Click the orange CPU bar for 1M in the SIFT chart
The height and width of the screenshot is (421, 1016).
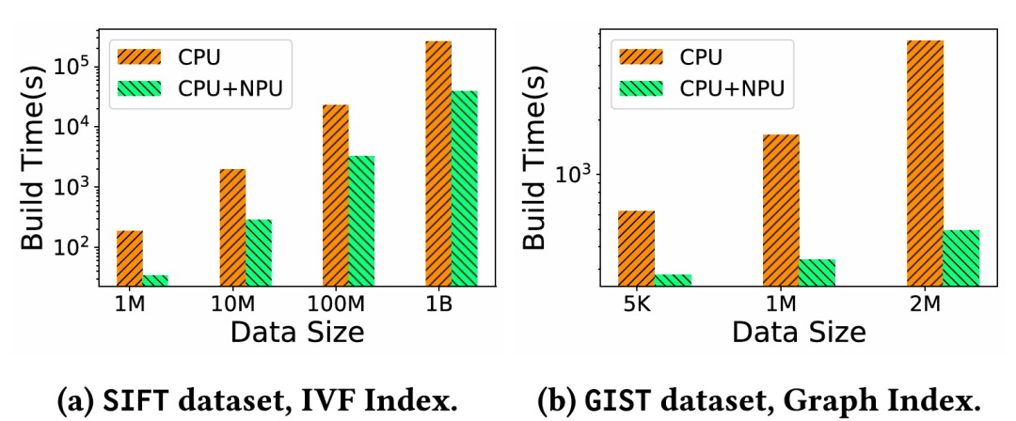pos(130,257)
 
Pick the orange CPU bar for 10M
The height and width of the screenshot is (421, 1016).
pos(232,226)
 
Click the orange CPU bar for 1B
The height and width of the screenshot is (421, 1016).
pos(438,162)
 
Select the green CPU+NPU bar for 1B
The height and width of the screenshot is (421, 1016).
pos(464,187)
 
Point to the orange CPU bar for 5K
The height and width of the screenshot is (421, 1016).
pos(637,246)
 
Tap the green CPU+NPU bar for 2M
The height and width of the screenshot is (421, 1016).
pos(961,256)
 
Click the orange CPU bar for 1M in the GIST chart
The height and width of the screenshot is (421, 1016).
pos(781,209)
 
